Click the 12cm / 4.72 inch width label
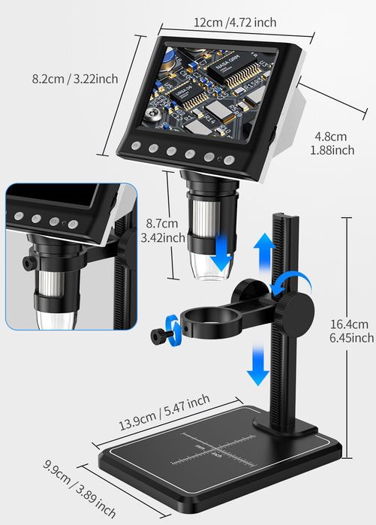pos(235,22)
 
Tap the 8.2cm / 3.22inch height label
pos(74,78)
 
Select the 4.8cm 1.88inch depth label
pos(331,143)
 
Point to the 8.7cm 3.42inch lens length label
pos(162,231)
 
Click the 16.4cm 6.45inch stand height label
pos(350,331)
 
